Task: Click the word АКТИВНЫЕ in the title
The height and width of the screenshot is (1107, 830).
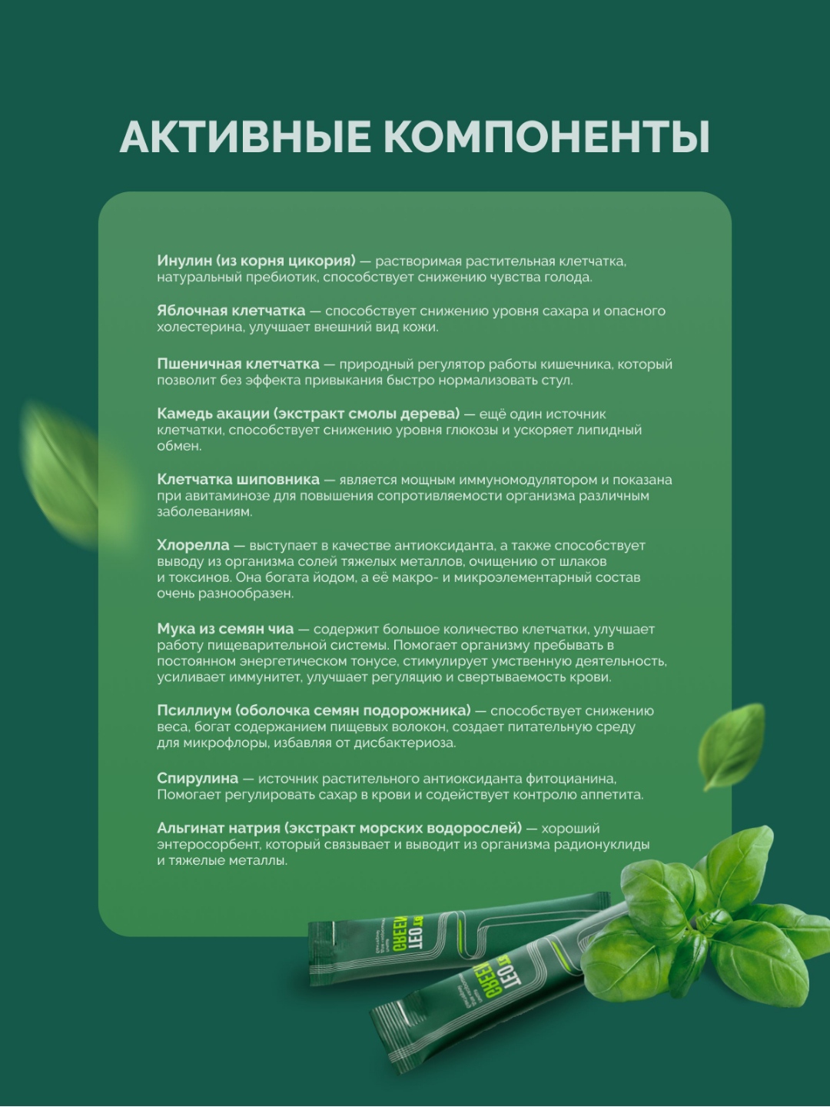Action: [x=245, y=138]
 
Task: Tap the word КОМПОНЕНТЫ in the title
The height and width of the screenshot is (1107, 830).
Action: [x=546, y=138]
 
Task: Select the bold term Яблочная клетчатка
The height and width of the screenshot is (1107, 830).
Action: [x=231, y=311]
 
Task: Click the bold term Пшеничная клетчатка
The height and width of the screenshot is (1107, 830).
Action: [x=237, y=364]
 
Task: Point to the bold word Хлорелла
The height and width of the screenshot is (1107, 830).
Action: [x=193, y=545]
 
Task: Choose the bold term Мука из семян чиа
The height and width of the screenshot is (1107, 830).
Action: [x=225, y=629]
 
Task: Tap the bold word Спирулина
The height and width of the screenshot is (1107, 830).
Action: [x=198, y=778]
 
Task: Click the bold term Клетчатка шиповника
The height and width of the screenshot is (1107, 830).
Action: [x=237, y=479]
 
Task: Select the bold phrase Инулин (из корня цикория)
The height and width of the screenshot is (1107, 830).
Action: [x=256, y=261]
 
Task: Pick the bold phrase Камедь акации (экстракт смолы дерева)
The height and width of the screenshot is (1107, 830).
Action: [x=308, y=414]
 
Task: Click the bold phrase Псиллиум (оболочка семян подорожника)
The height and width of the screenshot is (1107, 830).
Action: [x=314, y=710]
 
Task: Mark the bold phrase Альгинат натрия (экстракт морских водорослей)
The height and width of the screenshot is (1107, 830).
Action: [x=339, y=828]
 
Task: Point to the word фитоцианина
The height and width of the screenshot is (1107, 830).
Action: [x=571, y=779]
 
